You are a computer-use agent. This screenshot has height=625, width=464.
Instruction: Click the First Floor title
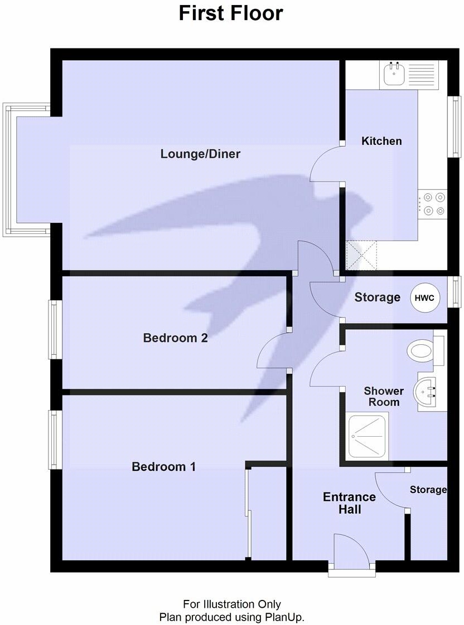(x=231, y=13)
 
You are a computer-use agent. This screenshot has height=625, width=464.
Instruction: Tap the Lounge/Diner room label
(x=200, y=154)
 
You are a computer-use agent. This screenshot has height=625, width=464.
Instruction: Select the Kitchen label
(x=381, y=141)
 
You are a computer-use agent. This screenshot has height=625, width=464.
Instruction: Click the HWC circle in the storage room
(x=426, y=298)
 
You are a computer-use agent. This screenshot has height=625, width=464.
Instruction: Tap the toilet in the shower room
(x=422, y=351)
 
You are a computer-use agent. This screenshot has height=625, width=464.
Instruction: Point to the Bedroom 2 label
(x=175, y=338)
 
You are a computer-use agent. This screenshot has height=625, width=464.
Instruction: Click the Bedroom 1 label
(x=163, y=467)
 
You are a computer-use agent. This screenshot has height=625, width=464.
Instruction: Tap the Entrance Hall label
(x=349, y=503)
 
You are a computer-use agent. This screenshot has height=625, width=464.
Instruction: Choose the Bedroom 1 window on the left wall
(x=54, y=440)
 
